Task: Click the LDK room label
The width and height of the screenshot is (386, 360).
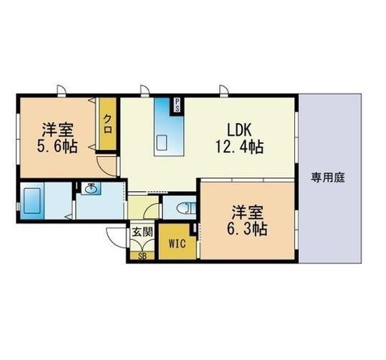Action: point(239,130)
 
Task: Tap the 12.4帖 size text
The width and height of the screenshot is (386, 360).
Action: point(240,147)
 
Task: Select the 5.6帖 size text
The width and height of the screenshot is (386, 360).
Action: point(57,146)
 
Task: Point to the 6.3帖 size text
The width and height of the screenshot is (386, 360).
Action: point(247,229)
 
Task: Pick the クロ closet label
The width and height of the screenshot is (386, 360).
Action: point(107,124)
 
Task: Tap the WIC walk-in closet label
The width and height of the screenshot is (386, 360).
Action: point(177,244)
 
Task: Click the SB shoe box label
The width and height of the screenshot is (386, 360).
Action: point(142,256)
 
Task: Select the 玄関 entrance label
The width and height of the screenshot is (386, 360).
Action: point(142,232)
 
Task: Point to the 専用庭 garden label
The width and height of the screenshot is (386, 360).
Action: point(328,178)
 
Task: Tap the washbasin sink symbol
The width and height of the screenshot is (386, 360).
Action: point(91,188)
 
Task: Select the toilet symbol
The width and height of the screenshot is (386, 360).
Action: point(185,208)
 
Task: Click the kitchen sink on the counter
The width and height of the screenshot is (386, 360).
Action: point(162,143)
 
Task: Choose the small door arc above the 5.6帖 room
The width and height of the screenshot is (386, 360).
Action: point(61,89)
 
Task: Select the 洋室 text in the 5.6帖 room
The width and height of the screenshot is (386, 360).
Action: point(58,130)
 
